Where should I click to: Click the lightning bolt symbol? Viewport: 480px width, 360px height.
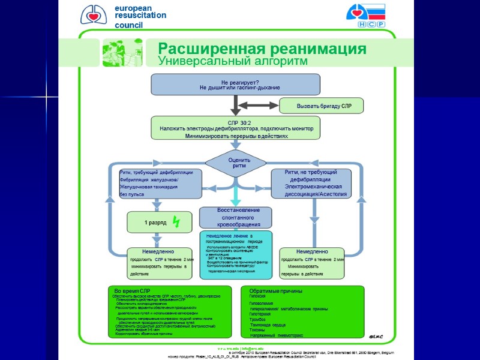[x=176, y=222]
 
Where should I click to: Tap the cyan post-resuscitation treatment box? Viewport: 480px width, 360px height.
[x=236, y=254]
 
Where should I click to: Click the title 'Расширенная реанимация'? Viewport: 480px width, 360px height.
[x=262, y=49]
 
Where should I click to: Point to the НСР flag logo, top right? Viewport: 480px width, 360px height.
[x=365, y=15]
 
